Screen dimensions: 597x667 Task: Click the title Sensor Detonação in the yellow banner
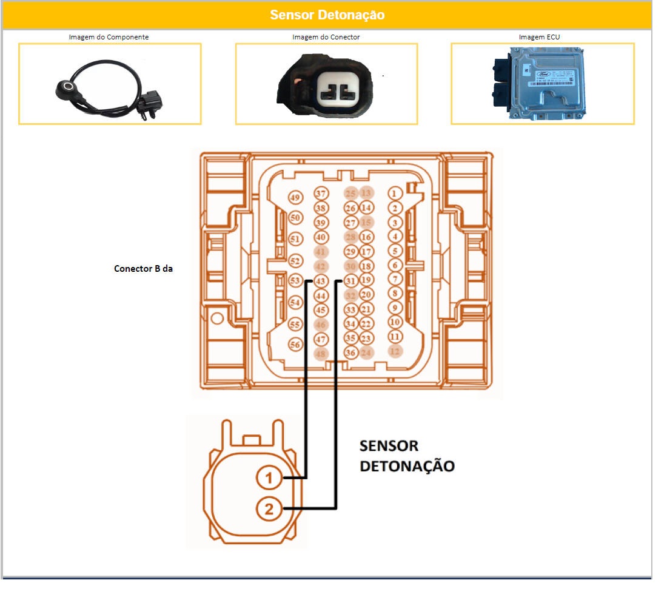pos(327,15)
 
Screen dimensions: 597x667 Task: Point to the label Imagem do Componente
pos(109,37)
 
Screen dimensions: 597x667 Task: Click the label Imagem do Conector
pos(326,37)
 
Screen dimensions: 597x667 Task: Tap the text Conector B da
pos(144,268)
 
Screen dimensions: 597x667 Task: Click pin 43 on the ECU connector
pos(321,282)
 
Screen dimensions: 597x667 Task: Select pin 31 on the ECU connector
pos(350,281)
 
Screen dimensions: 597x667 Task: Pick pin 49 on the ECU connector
pos(295,198)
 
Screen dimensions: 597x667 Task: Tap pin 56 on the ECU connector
pos(295,345)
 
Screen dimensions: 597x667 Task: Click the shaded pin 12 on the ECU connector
pos(395,351)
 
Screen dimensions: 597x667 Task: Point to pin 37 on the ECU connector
pos(321,194)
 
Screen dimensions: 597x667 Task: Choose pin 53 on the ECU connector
pos(295,281)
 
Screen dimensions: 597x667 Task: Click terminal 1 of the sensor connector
pos(269,478)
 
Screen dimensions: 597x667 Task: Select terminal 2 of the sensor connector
pos(269,509)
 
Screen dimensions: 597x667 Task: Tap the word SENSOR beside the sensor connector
pos(389,446)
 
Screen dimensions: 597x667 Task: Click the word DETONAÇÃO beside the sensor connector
pos(407,467)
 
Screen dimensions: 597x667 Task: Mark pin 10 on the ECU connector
pos(395,322)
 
